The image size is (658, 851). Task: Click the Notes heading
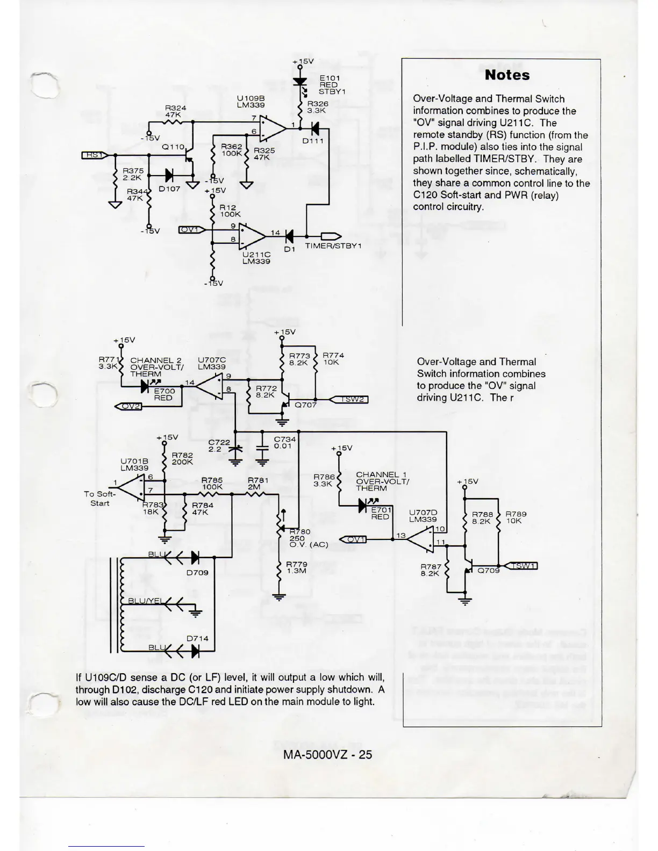507,75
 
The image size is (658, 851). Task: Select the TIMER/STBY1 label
334,246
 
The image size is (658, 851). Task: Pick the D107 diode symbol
169,175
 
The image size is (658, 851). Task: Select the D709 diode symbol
195,557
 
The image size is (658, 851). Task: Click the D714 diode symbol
195,651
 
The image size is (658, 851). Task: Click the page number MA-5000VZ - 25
327,754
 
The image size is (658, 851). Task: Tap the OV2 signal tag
128,406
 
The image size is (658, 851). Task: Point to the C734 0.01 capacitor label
284,442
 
